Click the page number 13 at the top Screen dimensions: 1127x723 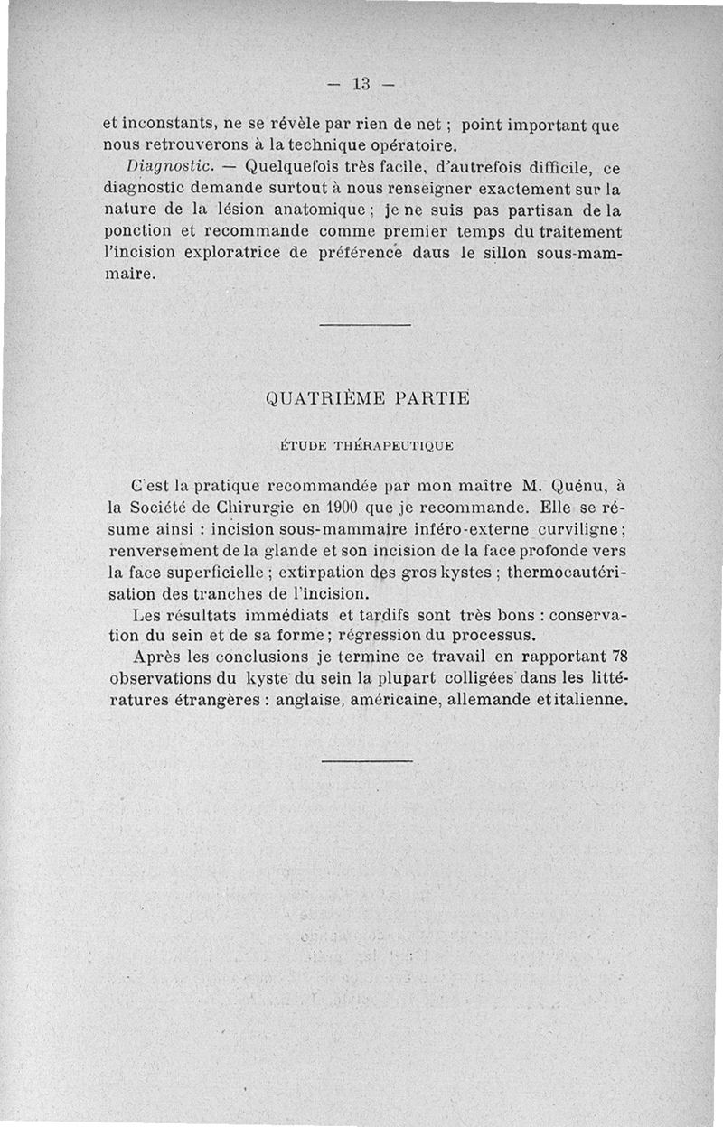(362, 85)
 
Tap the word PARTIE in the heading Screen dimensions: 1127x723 (427, 397)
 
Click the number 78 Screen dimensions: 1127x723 (619, 656)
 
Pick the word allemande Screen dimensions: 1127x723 (488, 699)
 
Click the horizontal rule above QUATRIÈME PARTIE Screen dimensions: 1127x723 (365, 324)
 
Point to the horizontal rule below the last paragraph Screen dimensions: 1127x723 (366, 761)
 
